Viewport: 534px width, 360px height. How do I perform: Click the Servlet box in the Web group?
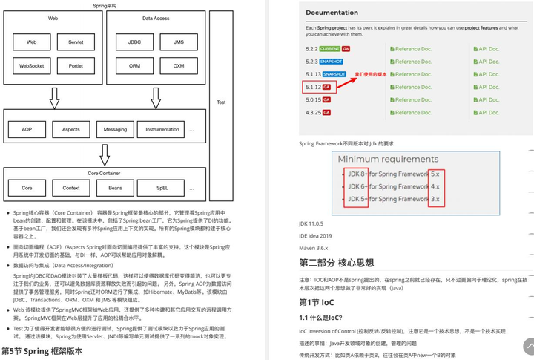(76, 42)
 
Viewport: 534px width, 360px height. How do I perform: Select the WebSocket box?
(32, 65)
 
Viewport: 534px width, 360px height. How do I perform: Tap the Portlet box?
(76, 65)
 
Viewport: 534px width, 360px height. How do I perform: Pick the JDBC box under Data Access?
(134, 42)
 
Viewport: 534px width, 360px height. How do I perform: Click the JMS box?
(179, 42)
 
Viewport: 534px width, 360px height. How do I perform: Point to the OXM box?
(179, 65)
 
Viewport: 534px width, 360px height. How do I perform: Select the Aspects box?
(71, 129)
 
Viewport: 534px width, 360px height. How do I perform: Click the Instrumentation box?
(162, 129)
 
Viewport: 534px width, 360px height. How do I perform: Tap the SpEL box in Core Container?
(162, 188)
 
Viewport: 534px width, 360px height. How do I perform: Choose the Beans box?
(116, 188)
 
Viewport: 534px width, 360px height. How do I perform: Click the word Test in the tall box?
(221, 102)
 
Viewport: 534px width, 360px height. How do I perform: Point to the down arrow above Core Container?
(105, 155)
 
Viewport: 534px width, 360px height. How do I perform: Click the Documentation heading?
(332, 13)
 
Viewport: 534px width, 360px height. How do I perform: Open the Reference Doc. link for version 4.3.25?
(412, 113)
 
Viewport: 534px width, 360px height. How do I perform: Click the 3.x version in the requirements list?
(435, 199)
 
